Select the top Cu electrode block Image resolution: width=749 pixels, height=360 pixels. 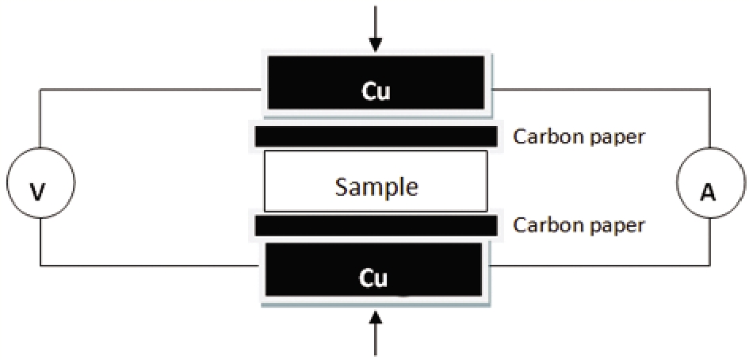click(376, 82)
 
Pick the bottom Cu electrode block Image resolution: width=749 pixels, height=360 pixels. click(373, 269)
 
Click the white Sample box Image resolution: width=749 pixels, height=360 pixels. click(376, 182)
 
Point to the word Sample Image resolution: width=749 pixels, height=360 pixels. click(376, 187)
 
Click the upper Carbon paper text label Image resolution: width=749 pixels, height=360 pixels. click(579, 137)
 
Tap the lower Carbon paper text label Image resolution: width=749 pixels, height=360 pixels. click(579, 224)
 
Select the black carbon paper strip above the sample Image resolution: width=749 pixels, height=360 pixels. click(376, 136)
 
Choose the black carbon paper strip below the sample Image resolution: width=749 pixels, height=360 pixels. click(376, 226)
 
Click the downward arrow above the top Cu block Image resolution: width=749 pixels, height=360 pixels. click(376, 29)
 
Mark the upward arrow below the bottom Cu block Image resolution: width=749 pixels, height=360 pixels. click(376, 333)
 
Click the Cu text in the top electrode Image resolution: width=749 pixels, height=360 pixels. click(376, 92)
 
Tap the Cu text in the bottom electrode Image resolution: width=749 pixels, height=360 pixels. click(373, 278)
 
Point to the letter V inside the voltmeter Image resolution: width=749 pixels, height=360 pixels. click(40, 192)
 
